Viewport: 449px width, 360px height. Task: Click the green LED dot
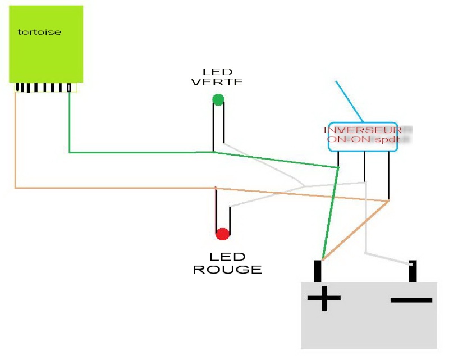(x=218, y=100)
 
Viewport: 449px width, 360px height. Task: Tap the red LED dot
(x=222, y=234)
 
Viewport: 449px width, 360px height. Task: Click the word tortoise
(x=39, y=32)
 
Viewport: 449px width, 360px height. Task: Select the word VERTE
(x=217, y=82)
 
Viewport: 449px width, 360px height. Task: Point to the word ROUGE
(x=227, y=270)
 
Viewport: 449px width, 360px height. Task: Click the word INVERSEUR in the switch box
(x=363, y=130)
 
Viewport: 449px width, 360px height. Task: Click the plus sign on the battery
(x=324, y=298)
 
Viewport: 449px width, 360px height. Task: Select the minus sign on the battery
(x=411, y=300)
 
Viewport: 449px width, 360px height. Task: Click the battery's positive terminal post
(x=318, y=271)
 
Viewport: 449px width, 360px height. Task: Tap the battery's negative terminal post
(x=413, y=271)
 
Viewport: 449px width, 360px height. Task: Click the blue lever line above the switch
(x=349, y=102)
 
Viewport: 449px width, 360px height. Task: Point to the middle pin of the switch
(x=364, y=166)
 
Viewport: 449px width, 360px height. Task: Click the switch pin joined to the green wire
(x=338, y=159)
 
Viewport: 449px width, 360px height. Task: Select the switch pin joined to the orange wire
(x=388, y=175)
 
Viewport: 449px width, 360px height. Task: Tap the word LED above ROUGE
(x=227, y=256)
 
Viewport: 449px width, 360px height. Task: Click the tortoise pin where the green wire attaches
(x=69, y=88)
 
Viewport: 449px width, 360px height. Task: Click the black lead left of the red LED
(x=216, y=210)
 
